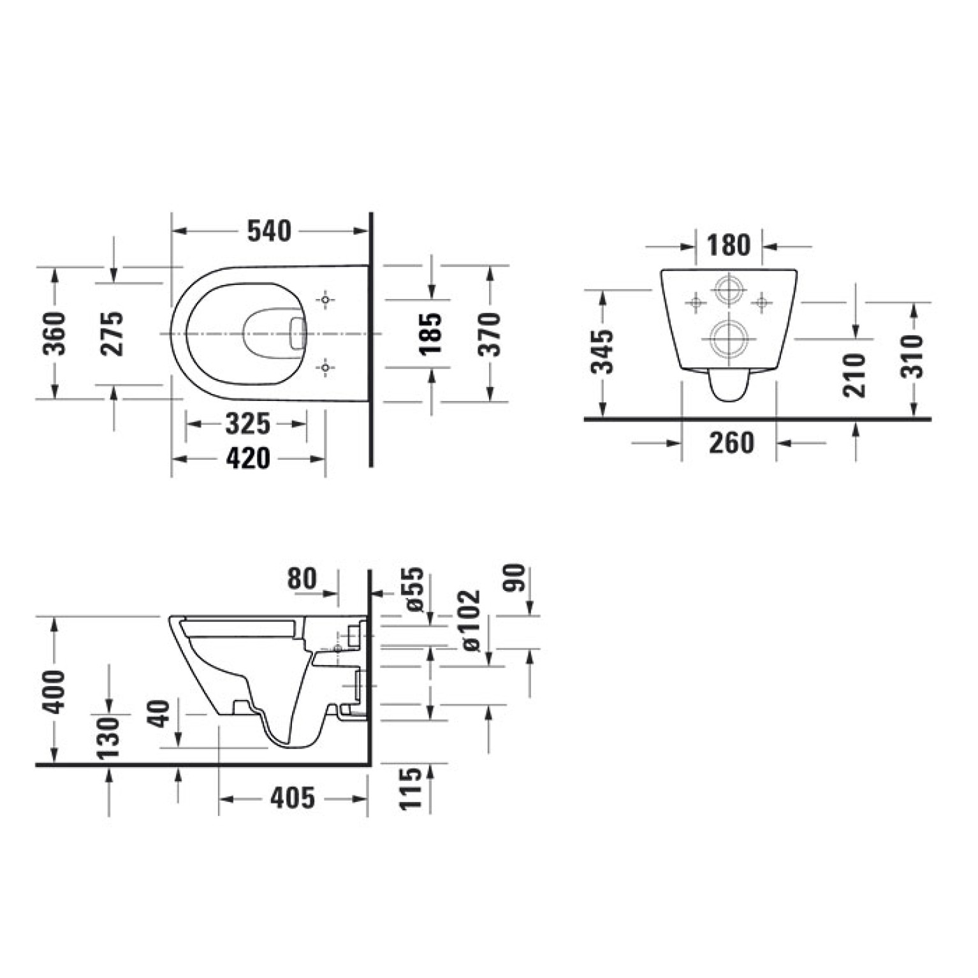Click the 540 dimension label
tap(269, 231)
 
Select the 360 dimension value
tap(54, 333)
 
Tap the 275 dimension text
tap(113, 333)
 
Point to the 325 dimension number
tap(248, 423)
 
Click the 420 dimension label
tap(248, 458)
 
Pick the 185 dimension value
tap(432, 333)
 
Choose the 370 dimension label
tap(490, 333)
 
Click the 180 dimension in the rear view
tap(729, 245)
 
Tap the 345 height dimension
tap(602, 351)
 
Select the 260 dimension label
tap(731, 442)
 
